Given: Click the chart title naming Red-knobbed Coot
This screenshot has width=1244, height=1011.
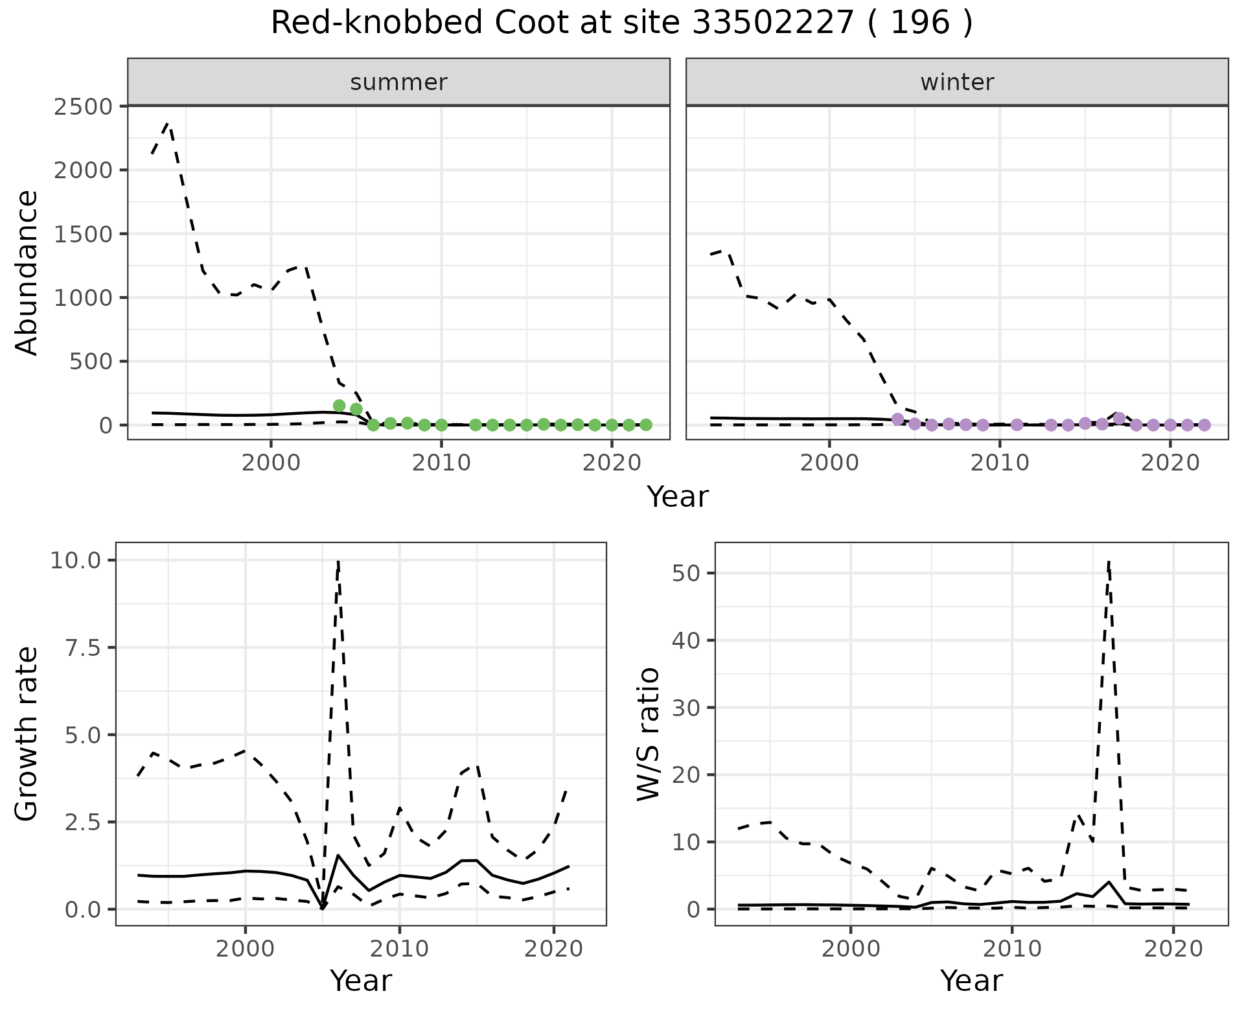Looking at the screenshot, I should click(x=621, y=24).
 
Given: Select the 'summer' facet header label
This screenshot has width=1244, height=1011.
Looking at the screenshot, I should click(x=398, y=82).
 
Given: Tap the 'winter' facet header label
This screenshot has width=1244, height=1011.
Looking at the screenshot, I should click(x=957, y=82).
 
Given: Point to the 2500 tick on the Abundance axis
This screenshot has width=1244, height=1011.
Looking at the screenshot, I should click(x=83, y=106).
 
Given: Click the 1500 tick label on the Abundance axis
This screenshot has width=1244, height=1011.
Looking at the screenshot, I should click(x=83, y=234).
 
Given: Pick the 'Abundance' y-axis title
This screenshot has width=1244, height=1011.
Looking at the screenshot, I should click(x=27, y=272).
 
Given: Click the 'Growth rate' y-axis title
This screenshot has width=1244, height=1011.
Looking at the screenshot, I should click(x=27, y=734).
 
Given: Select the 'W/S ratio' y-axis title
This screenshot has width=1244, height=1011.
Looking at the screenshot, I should click(x=648, y=734).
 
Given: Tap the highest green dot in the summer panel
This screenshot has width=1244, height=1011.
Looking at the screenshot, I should click(x=339, y=406).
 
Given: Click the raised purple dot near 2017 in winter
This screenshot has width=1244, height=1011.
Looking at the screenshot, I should click(x=1119, y=418).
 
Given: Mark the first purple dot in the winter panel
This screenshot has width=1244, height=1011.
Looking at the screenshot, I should click(x=897, y=419).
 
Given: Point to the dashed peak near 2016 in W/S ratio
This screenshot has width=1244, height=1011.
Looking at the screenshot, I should click(x=1109, y=563).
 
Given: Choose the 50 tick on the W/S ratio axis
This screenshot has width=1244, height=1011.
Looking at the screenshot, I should click(x=685, y=573).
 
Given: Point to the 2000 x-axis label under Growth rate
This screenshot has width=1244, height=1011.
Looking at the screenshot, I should click(x=245, y=949).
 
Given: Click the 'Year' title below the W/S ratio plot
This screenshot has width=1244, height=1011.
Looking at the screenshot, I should click(x=971, y=981).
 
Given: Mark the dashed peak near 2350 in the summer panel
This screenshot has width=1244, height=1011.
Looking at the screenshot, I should click(x=168, y=123).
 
